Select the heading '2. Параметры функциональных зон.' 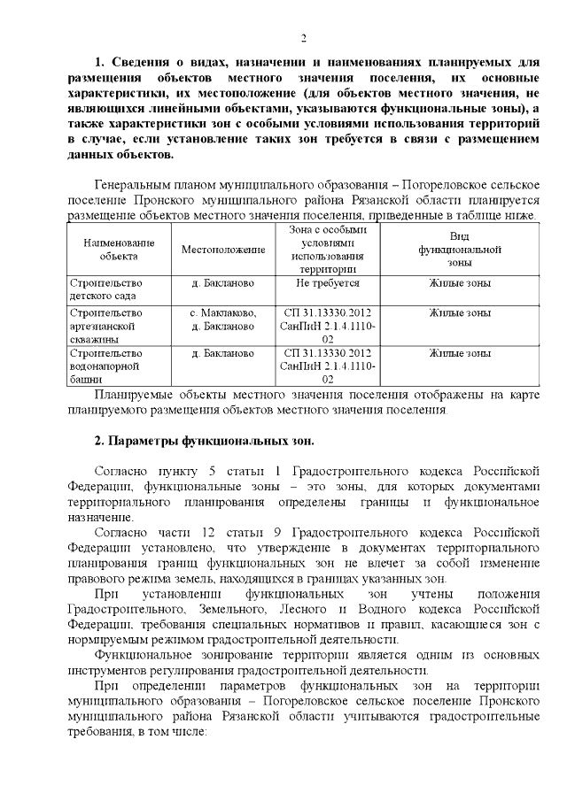click(x=204, y=440)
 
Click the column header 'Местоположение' click(x=223, y=250)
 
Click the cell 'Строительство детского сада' click(x=105, y=289)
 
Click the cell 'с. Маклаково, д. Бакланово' click(x=223, y=320)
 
